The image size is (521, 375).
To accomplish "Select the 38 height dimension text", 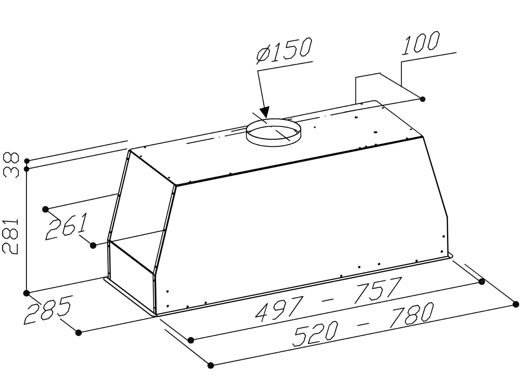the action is click(x=11, y=165).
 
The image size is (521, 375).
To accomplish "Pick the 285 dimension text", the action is click(x=47, y=309).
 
